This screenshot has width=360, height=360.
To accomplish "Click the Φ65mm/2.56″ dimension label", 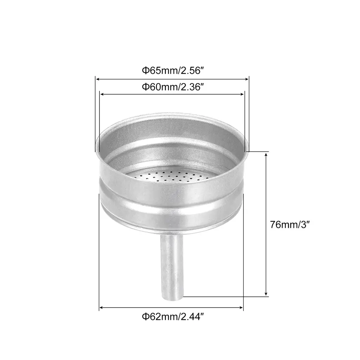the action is click(173, 70).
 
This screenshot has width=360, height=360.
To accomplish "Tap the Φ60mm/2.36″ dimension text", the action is click(173, 87).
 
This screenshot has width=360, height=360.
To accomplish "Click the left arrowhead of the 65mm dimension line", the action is click(98, 79).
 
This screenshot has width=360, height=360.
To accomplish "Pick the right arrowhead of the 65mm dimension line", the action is click(247, 79).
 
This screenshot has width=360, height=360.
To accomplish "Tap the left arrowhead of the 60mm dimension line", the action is click(102, 94).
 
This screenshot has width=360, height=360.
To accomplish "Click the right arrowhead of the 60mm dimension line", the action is click(243, 94).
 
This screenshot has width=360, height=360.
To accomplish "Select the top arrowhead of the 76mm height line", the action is click(266, 154).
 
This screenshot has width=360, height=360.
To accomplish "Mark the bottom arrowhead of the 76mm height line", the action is click(266, 294).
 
